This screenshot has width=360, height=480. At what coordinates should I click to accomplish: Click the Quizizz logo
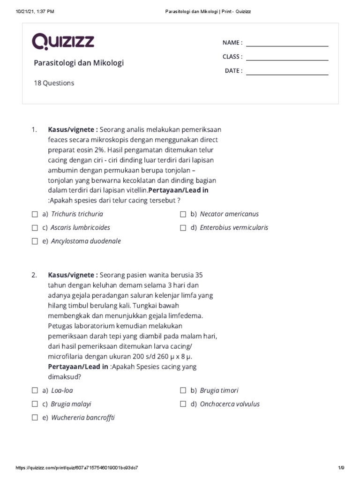click(x=63, y=41)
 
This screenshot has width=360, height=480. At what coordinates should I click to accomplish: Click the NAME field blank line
click(x=287, y=45)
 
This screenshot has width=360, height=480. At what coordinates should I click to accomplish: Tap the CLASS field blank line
click(x=287, y=60)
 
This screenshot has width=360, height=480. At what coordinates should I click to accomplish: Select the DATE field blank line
click(x=287, y=74)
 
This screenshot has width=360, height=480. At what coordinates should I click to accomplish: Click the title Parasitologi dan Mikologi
click(x=79, y=63)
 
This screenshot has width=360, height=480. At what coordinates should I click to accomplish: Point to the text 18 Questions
click(x=54, y=83)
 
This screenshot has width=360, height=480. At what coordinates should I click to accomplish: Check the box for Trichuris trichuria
click(x=35, y=214)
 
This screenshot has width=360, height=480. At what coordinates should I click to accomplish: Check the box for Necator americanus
click(x=183, y=214)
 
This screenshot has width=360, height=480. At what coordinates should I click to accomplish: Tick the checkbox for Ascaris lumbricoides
click(x=35, y=228)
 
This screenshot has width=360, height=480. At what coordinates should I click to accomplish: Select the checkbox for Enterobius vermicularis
click(x=183, y=228)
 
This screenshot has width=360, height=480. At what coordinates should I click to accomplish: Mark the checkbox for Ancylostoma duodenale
click(x=35, y=241)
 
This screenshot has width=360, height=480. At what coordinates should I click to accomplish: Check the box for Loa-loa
click(x=35, y=390)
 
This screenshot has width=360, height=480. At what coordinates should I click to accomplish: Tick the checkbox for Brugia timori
click(x=183, y=390)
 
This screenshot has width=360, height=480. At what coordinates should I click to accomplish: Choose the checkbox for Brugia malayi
click(x=35, y=404)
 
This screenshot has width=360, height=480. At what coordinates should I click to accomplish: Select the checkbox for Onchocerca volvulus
click(x=183, y=404)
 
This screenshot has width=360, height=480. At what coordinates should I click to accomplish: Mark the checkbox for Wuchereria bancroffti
click(x=35, y=418)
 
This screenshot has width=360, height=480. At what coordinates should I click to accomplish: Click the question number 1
click(x=34, y=130)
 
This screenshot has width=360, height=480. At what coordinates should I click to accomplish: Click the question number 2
click(x=34, y=275)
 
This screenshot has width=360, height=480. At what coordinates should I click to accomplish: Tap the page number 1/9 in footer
click(x=341, y=468)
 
